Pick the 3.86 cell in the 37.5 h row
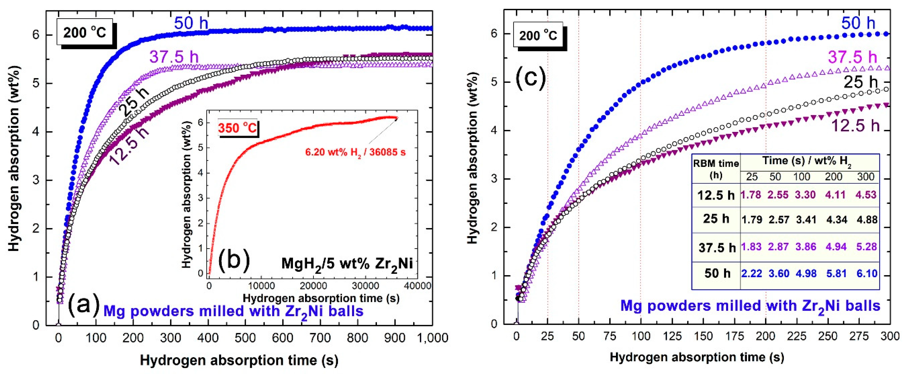click(806, 247)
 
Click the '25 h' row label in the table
click(716, 219)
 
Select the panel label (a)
click(84, 305)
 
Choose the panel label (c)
click(530, 78)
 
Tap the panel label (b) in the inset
click(234, 261)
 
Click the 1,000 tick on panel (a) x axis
click(432, 338)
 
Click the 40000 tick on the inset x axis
click(417, 285)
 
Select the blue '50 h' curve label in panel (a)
click(191, 23)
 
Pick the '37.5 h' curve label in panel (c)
click(852, 57)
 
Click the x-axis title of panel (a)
click(239, 360)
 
